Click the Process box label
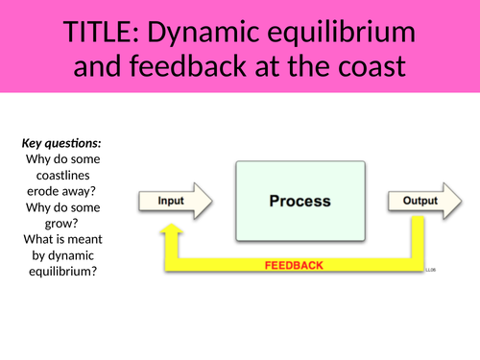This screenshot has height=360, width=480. point(300,202)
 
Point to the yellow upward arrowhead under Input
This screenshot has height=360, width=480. point(173,232)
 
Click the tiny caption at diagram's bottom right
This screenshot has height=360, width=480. point(431,271)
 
